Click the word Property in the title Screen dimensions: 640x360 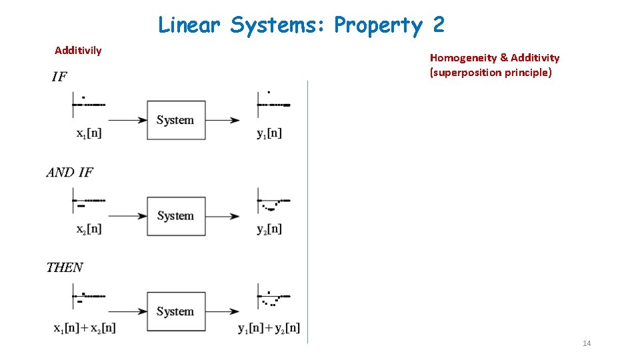[x=378, y=25]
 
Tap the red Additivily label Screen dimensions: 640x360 [x=78, y=51]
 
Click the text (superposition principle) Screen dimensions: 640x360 [x=491, y=72]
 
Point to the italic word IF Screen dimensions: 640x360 [x=59, y=77]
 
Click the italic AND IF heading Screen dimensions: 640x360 [x=69, y=172]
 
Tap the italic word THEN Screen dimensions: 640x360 [x=65, y=267]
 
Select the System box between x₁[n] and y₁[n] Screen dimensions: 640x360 [x=176, y=120]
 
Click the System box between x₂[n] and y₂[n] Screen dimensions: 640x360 [x=176, y=216]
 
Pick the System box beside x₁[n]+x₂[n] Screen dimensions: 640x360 [x=176, y=311]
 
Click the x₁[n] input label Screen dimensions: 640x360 [x=89, y=133]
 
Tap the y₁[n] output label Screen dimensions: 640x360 [x=269, y=133]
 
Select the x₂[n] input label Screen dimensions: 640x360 [x=89, y=229]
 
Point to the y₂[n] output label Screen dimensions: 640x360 [x=269, y=229]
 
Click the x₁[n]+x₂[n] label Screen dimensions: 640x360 [x=85, y=327]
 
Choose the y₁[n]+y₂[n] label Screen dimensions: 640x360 [x=269, y=327]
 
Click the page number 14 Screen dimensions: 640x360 [x=587, y=343]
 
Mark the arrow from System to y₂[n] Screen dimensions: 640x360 [x=223, y=216]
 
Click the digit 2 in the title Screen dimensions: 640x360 [x=438, y=25]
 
